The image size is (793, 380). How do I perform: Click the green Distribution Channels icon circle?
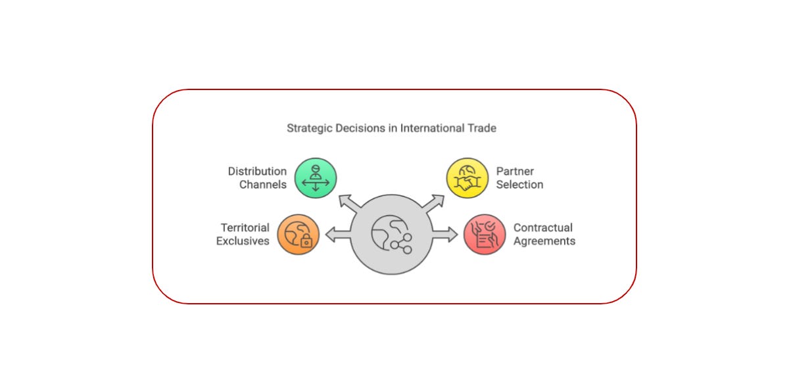pos(316,178)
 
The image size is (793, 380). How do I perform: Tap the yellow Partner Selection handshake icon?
pos(468,178)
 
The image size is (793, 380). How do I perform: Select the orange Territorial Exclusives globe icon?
pos(299,234)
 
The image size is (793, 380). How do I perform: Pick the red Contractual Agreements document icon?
pos(485,234)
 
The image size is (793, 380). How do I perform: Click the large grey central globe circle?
pos(391,234)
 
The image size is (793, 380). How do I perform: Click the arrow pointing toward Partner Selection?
pos(435,202)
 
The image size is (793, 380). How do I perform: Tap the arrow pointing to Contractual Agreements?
pos(445,234)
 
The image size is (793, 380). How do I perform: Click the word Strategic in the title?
pos(308,128)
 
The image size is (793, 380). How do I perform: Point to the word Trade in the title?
pos(482,128)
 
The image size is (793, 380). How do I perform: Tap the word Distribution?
pos(257,172)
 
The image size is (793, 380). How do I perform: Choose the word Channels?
pos(262,185)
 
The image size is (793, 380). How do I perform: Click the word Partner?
pos(515,172)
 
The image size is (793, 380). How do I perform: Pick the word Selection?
pos(519,185)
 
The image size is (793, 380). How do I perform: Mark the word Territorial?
pos(245,227)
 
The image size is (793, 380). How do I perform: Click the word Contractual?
pos(543,227)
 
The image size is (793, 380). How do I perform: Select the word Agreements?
pos(544,241)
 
